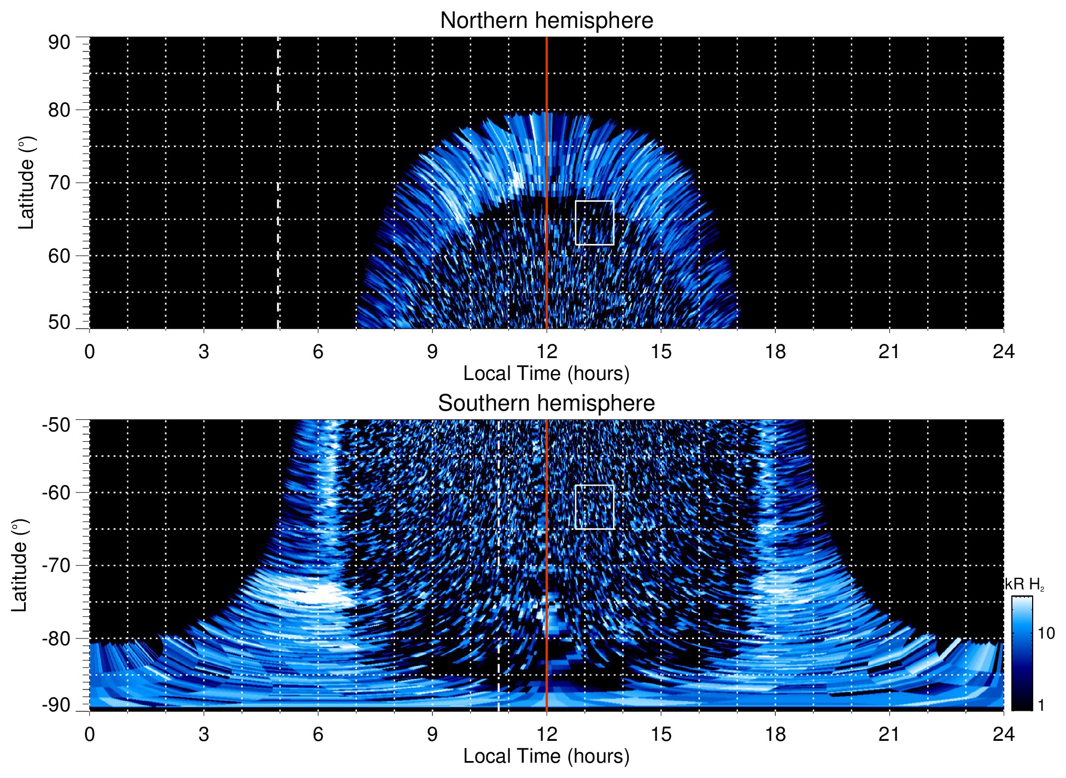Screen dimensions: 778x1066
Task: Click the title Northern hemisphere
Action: coord(546,21)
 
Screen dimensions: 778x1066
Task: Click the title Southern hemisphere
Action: coord(546,403)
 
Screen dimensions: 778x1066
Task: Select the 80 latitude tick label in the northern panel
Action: coord(59,110)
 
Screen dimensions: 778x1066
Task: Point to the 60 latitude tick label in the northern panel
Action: coord(59,256)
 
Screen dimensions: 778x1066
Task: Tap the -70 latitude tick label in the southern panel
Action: coord(56,565)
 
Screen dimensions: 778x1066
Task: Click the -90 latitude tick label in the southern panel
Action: coord(56,705)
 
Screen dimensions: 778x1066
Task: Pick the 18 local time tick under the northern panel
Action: coord(775,352)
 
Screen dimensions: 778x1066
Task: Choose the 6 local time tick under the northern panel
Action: coord(318,352)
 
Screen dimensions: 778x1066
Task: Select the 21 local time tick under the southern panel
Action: coord(889,734)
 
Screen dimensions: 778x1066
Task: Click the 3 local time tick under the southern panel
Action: coord(203,734)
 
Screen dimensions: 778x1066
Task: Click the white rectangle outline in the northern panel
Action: coord(595,201)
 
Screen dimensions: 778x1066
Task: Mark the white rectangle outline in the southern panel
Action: coord(595,485)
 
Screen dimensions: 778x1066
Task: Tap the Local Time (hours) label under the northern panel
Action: coord(546,374)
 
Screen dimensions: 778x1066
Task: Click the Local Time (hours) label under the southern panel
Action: coord(546,757)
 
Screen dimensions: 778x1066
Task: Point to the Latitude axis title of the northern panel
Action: coord(26,183)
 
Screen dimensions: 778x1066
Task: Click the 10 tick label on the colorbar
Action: coord(1046,634)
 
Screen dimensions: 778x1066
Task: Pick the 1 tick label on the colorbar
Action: coord(1041,705)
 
